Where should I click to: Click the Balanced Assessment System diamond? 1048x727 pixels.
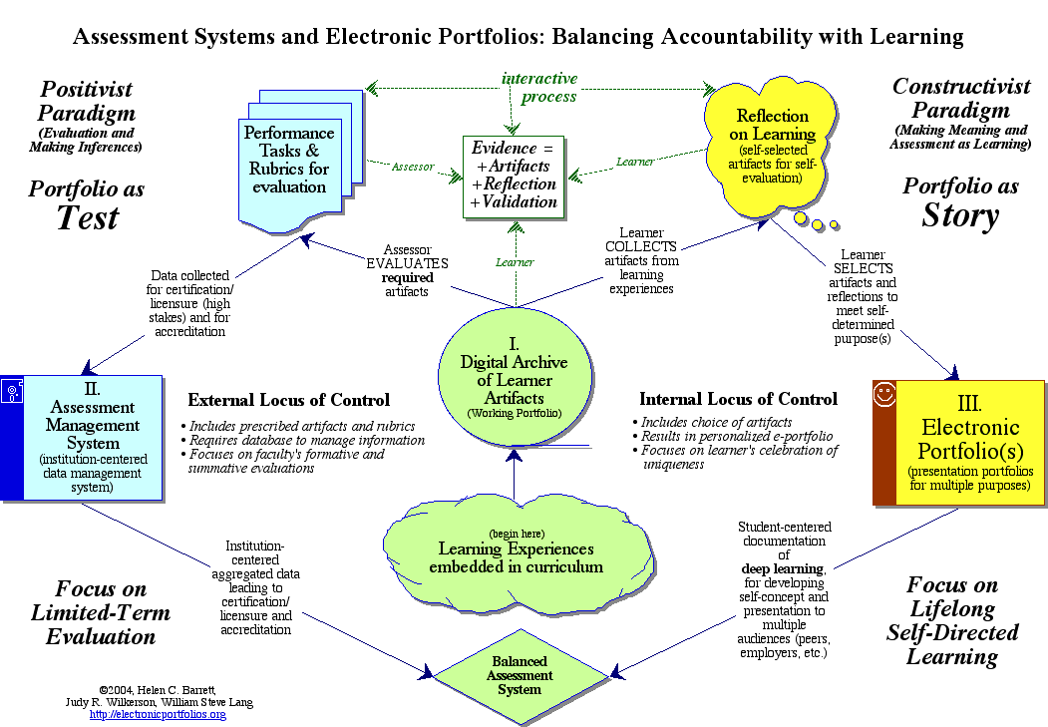[520, 675]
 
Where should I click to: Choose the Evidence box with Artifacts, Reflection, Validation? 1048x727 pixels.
[514, 177]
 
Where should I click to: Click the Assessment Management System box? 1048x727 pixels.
[92, 437]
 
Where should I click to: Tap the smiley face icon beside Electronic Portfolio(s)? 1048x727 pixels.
[882, 394]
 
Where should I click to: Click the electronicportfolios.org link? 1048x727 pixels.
[158, 714]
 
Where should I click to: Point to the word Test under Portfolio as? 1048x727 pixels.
[87, 218]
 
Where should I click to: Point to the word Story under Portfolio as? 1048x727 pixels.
[959, 216]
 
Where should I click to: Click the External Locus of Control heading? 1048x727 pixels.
[288, 400]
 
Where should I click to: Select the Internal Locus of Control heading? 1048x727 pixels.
[738, 399]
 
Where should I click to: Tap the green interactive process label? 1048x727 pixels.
[538, 88]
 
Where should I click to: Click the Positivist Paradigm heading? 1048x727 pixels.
[87, 100]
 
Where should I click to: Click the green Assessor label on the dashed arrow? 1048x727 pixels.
[412, 167]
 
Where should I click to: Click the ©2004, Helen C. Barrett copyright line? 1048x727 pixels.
[160, 689]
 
